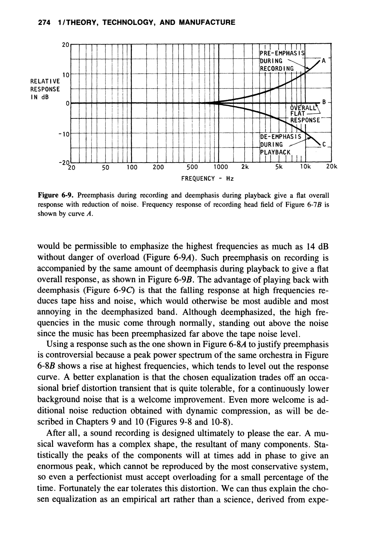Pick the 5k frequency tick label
(x=279, y=167)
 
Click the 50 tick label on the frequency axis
(x=106, y=167)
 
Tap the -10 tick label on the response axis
(x=64, y=134)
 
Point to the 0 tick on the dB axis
(x=67, y=103)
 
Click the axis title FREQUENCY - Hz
(x=207, y=179)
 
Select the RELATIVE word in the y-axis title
(x=45, y=82)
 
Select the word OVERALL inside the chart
(x=303, y=108)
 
